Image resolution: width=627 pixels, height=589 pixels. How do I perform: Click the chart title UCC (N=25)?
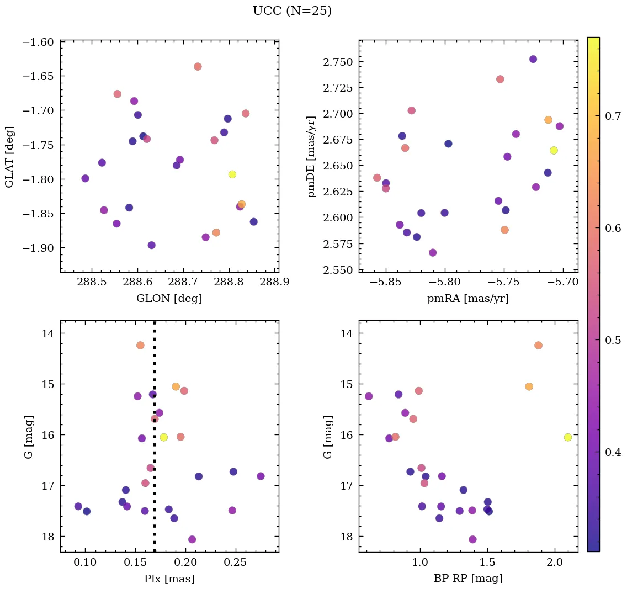292,11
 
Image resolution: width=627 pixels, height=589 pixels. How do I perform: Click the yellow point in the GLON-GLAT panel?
232,174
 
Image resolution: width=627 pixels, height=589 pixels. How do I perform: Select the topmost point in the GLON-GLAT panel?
198,67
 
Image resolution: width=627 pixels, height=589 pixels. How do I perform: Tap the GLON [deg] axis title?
169,299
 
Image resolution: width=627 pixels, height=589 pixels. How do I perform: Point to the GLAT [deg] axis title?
9,156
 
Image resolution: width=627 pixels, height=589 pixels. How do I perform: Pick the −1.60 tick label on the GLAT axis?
38,43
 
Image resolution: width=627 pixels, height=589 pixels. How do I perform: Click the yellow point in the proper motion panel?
554,150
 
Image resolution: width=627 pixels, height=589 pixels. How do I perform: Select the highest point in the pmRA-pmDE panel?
533,59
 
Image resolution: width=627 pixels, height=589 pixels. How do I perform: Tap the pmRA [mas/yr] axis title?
468,299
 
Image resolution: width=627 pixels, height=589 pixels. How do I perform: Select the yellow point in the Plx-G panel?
164,437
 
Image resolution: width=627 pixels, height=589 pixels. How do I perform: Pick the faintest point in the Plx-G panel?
192,539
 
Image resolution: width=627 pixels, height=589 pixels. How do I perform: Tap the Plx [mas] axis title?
169,579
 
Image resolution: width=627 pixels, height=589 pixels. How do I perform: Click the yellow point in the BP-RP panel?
568,437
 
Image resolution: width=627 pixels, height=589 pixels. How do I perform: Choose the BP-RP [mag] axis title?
468,579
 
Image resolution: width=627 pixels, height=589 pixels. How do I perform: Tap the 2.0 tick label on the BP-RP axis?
554,563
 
